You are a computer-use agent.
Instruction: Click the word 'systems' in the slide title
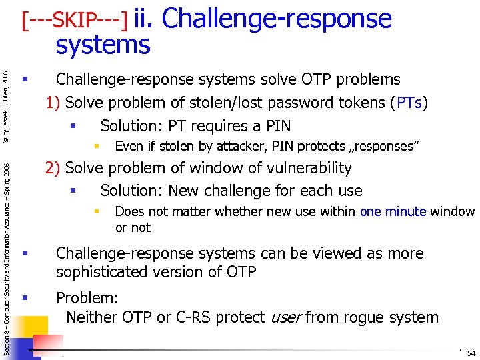pos(103,45)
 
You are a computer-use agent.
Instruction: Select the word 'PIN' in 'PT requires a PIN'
pos(277,126)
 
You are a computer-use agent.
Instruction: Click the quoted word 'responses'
pos(382,147)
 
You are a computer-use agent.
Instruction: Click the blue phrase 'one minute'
pos(393,212)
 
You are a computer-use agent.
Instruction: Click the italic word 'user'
pos(285,317)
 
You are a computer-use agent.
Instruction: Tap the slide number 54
pos(471,353)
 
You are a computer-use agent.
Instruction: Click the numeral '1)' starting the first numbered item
pos(53,103)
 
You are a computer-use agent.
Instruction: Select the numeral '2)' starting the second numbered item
pos(53,168)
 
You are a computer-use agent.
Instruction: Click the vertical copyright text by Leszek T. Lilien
pos(5,106)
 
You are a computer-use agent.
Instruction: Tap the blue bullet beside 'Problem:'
pos(25,297)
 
